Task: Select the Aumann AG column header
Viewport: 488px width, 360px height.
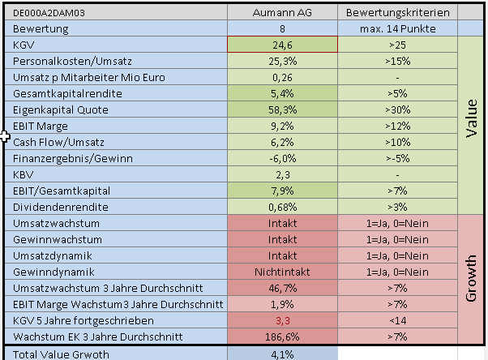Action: pos(282,12)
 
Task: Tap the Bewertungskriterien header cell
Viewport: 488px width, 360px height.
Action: pos(397,12)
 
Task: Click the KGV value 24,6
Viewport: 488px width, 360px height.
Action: pos(282,44)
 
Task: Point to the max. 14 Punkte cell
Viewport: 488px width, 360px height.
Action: pos(397,28)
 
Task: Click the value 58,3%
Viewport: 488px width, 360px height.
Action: pos(282,109)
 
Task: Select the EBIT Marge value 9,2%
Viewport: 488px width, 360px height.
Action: pos(282,126)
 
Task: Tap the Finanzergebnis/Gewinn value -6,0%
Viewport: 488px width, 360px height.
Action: pos(282,158)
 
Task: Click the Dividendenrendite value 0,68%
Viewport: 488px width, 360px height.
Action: pos(282,207)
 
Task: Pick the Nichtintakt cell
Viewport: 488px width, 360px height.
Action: pos(282,272)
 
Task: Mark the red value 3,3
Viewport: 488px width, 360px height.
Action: pos(282,320)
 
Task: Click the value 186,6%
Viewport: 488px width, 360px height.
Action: pos(282,336)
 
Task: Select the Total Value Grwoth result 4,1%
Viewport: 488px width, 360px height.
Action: pos(282,354)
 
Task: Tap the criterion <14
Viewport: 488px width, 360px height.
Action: pos(397,320)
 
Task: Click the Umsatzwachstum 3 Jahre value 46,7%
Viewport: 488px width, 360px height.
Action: pos(282,288)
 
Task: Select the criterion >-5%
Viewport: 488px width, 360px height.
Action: pos(397,158)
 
